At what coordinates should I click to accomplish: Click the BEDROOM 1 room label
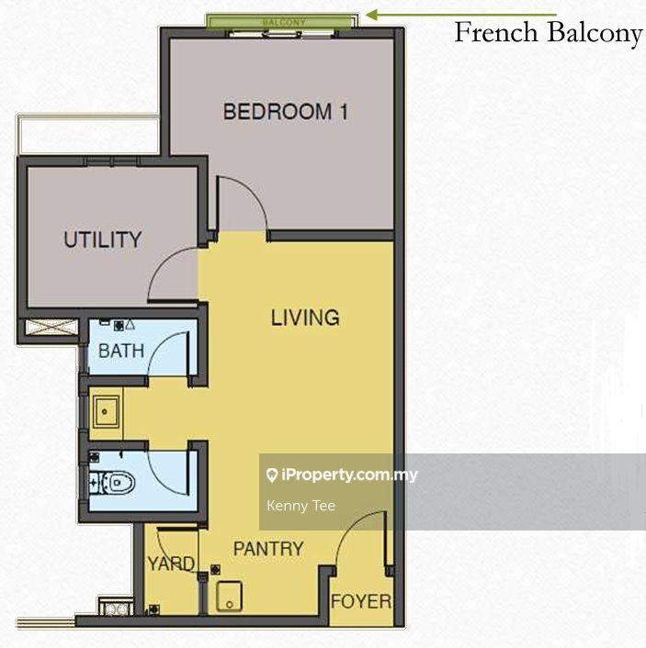pos(285,112)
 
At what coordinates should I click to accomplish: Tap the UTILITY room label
pos(103,240)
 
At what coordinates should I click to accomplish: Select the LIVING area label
pos(305,318)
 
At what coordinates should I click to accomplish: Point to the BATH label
pos(121,351)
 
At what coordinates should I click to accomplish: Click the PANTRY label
pos(268,549)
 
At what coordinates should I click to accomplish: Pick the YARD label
pos(171,564)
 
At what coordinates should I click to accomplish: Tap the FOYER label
pos(361,602)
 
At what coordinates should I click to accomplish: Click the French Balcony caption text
pos(549,32)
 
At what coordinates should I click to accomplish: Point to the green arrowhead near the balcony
pos(372,16)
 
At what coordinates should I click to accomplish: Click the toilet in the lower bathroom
pos(117,482)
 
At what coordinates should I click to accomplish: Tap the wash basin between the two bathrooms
pos(106,411)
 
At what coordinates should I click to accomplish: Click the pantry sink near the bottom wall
pos(229,597)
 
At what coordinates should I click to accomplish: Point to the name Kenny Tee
pos(300,506)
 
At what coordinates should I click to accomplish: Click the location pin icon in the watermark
pos(272,475)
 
